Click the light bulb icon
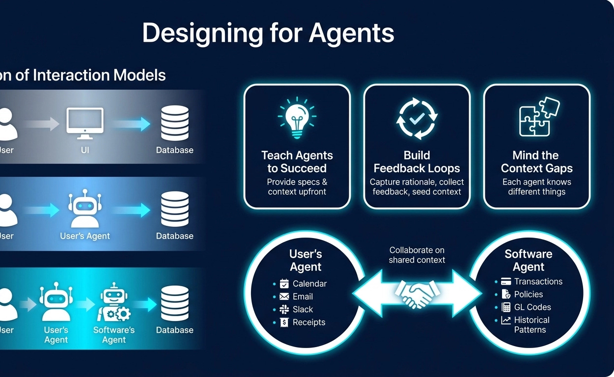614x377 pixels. coord(297,118)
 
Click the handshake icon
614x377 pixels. coord(417,294)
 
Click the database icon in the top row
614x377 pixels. coord(174,123)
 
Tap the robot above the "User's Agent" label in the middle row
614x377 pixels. coord(84,210)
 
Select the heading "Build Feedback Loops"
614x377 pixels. coord(417,162)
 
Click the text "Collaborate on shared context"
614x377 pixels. coord(417,255)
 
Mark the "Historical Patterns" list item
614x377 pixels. coord(531,325)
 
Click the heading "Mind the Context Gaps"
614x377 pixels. coord(536,162)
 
